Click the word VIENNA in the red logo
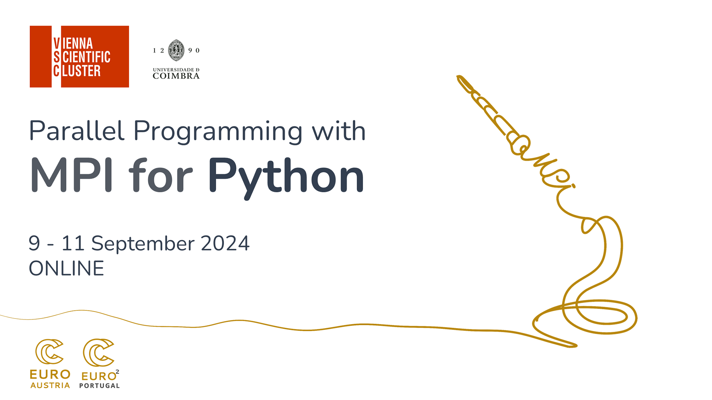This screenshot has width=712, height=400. click(x=73, y=43)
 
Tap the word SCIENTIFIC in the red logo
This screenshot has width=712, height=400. click(x=82, y=57)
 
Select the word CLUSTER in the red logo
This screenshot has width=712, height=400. click(x=77, y=70)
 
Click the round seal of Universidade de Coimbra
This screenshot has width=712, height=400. click(x=176, y=50)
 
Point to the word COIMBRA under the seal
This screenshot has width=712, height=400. click(x=176, y=76)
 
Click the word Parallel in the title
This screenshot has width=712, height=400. click(x=77, y=131)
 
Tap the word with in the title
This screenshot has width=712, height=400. click(x=339, y=130)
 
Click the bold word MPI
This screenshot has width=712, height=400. click(x=72, y=175)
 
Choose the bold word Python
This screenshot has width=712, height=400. click(x=286, y=178)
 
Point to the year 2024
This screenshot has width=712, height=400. click(x=225, y=243)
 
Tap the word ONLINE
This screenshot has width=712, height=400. click(x=66, y=269)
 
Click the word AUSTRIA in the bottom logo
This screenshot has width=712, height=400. click(x=50, y=386)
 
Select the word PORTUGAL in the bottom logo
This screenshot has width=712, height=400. click(x=99, y=386)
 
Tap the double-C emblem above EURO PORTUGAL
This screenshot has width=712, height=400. click(x=98, y=352)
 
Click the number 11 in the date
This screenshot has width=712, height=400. click(x=73, y=243)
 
